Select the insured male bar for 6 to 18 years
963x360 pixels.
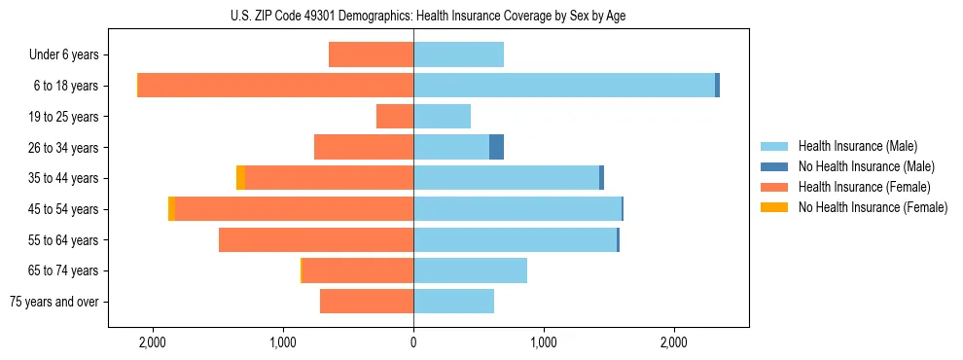[x=564, y=86]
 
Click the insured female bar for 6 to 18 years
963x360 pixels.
[x=275, y=86]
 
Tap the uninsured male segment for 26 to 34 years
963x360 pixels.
[x=496, y=147]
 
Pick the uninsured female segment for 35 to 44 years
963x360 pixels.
[x=240, y=178]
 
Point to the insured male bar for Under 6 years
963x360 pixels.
[x=458, y=54]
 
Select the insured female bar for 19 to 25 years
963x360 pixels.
[x=395, y=117]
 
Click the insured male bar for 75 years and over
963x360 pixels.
[x=453, y=302]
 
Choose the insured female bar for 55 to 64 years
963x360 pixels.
[x=316, y=239]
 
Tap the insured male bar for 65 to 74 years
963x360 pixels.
[x=470, y=270]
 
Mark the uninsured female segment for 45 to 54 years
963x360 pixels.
[x=171, y=209]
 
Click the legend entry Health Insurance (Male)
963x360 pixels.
[x=857, y=146]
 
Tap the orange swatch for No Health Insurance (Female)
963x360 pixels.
[x=774, y=207]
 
